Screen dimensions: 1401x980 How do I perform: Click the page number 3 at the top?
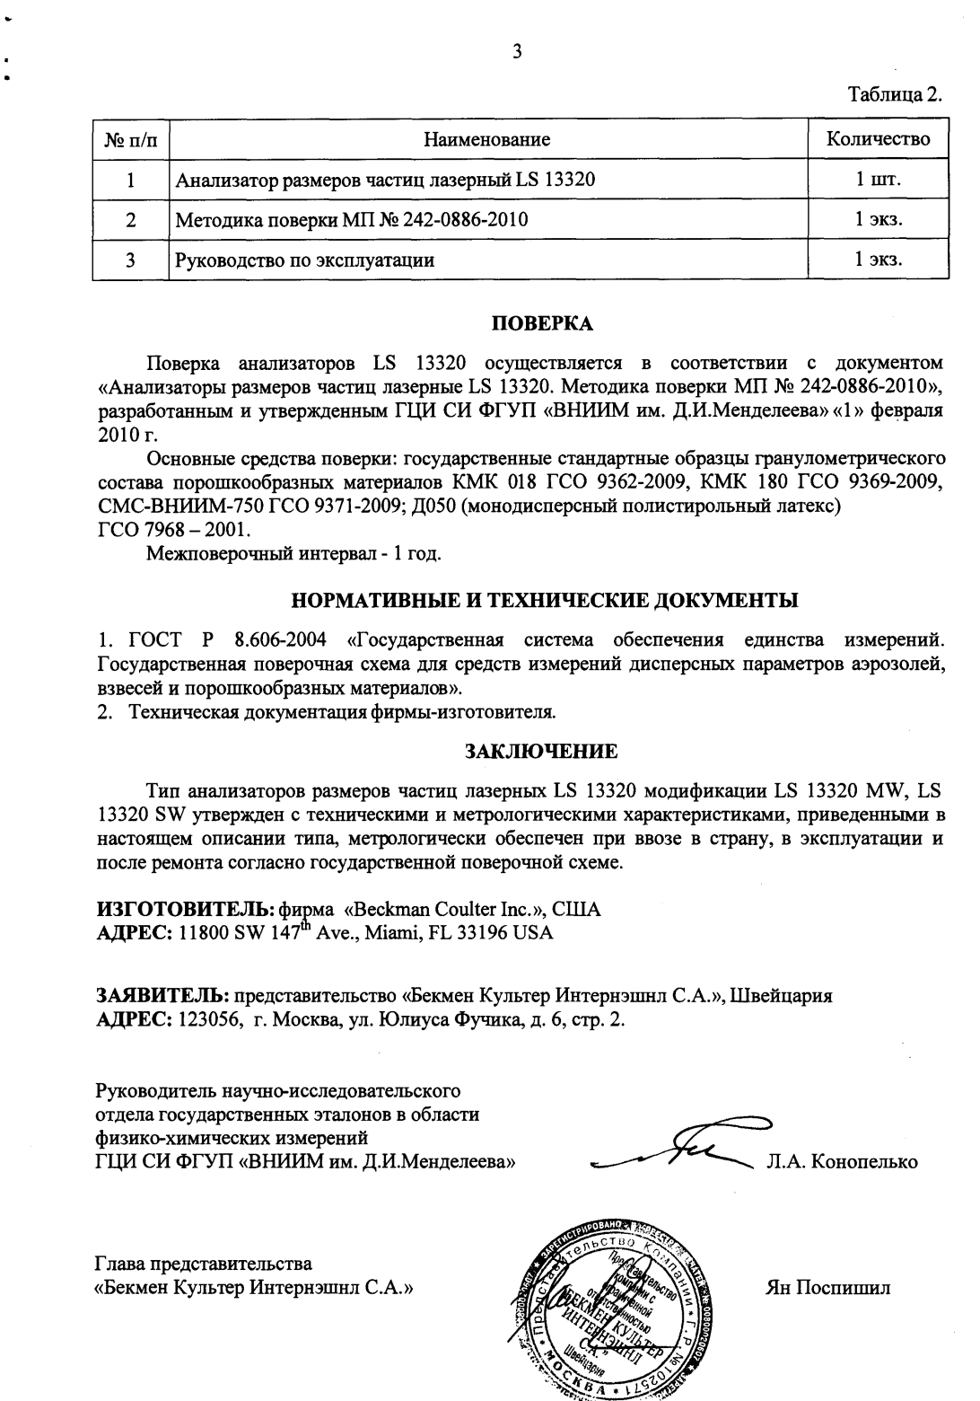tap(516, 50)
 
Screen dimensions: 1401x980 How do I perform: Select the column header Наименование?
tap(486, 139)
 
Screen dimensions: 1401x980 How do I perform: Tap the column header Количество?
tap(877, 139)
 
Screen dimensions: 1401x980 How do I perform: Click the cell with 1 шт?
tap(877, 179)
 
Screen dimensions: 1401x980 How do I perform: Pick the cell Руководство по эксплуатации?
tap(305, 260)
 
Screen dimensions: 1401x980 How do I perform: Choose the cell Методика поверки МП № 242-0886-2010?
tap(352, 220)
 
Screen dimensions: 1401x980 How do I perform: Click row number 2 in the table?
tap(131, 220)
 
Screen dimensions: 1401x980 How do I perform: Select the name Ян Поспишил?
tap(827, 1287)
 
